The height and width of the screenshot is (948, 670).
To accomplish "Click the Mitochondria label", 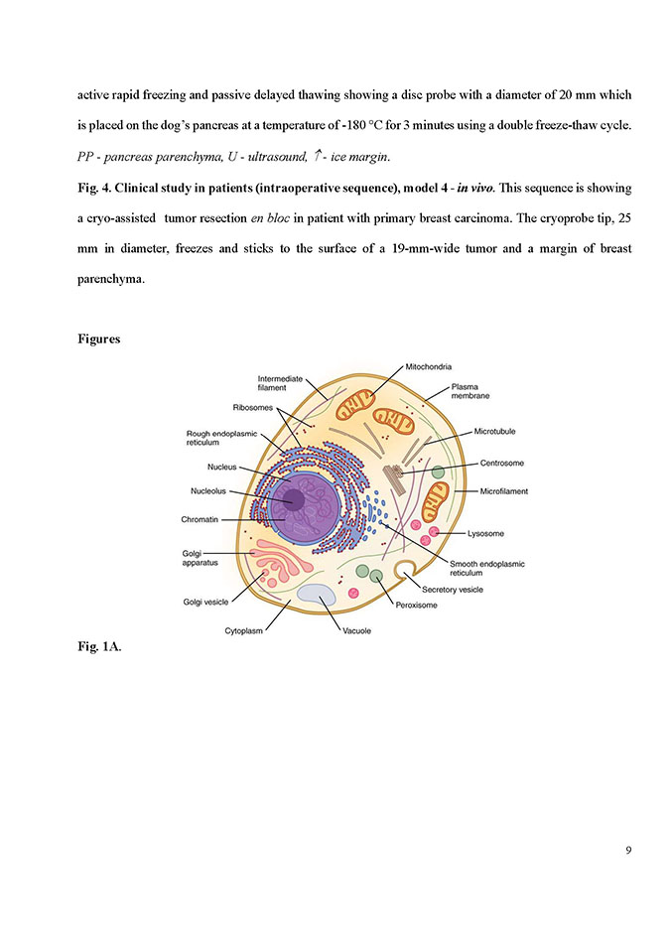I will click(431, 368).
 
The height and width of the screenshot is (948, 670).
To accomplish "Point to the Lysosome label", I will click(485, 533).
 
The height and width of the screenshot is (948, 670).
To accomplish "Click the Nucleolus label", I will click(211, 490).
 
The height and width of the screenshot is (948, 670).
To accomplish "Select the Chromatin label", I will click(201, 518).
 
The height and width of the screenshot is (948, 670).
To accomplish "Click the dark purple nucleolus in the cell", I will click(294, 496).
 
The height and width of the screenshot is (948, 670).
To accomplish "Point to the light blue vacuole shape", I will click(318, 597).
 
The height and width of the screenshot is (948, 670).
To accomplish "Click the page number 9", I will click(628, 850).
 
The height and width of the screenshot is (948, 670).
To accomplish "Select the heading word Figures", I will click(99, 339).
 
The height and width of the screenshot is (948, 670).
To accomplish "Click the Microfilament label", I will click(503, 491).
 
